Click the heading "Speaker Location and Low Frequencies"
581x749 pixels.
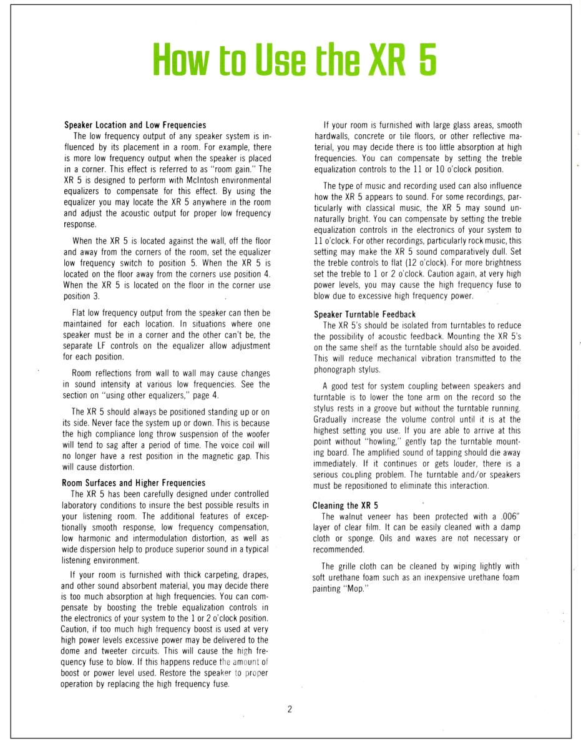pos(135,125)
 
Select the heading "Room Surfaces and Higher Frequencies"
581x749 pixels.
pos(134,482)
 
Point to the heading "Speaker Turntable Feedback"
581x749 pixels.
pos(364,314)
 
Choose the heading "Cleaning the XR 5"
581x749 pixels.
pos(345,506)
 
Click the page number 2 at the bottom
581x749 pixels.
pos(290,709)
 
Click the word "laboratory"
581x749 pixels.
pos(84,505)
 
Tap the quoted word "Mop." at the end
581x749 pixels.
pos(353,589)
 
